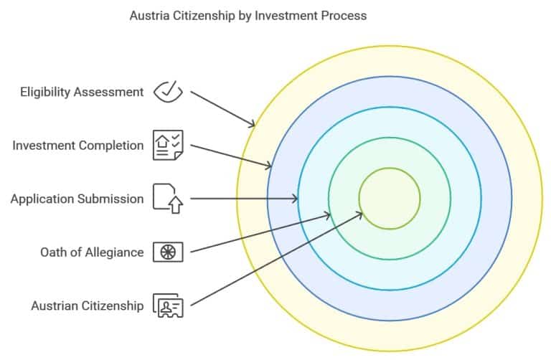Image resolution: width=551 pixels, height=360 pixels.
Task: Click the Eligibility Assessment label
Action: [82, 92]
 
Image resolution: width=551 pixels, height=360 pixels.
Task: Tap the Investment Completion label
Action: [78, 146]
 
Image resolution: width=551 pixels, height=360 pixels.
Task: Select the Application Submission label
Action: [77, 199]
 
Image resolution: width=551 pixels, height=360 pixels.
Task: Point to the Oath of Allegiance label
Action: [92, 252]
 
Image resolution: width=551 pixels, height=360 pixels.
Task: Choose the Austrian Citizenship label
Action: [88, 305]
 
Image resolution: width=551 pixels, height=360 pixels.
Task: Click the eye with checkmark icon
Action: [169, 92]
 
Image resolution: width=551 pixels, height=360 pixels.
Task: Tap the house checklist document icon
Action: [168, 145]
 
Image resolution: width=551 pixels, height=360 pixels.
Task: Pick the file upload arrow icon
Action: [168, 199]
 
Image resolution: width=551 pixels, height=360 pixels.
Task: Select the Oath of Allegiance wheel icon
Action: [168, 252]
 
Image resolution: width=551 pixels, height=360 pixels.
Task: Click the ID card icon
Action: [168, 305]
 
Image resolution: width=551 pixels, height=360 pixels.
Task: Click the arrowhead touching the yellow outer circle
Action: [251, 123]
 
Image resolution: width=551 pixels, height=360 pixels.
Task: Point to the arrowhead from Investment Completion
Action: [268, 166]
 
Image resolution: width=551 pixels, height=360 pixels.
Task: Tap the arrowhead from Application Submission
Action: [294, 199]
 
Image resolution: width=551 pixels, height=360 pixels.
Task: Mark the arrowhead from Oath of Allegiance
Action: [326, 214]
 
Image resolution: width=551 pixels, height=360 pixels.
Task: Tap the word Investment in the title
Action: [284, 16]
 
